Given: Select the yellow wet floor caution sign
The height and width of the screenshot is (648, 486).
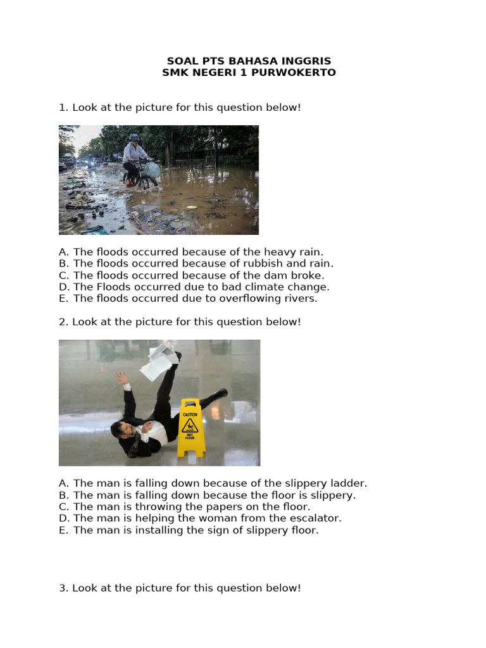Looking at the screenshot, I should point(190,427).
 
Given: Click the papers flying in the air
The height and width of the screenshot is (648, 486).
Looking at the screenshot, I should point(159,360).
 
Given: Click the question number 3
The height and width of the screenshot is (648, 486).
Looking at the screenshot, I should point(63,589).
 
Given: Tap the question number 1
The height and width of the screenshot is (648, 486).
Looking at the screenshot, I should point(63,108).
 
